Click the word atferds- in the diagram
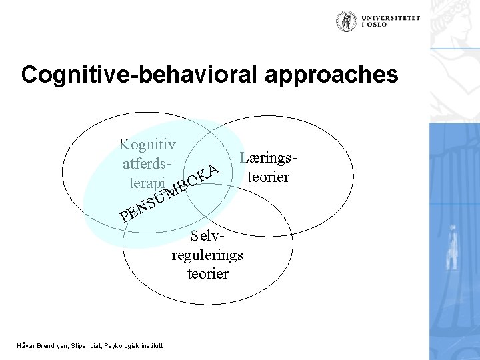pos(151,163)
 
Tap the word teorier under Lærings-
pos(267,178)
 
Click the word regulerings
pos(207,255)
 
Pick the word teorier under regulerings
pos(207,273)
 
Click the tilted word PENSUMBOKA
pos(169,192)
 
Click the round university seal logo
pos(347,21)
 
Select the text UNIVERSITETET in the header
pos(392,18)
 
